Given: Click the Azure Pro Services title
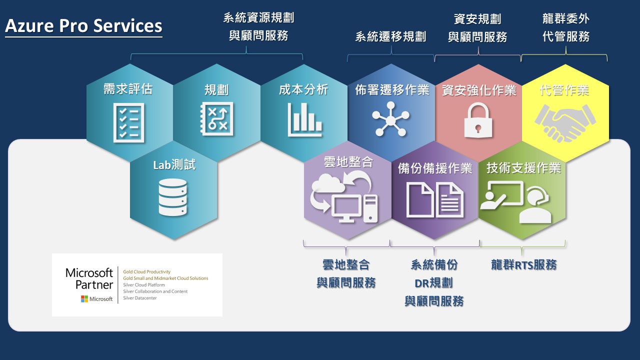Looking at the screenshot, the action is coord(83,25).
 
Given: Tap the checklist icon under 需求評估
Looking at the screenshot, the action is coord(128,123).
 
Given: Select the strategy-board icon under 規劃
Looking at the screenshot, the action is coord(216,119).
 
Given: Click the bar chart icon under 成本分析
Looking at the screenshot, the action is coord(304,119).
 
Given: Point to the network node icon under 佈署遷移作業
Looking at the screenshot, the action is coord(390,119).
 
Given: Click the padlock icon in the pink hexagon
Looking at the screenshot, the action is coord(478,120).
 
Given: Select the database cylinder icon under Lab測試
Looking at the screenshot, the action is coord(172,197).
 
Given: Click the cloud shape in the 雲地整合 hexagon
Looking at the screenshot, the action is coord(327,183).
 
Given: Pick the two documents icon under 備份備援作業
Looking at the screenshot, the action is coord(434,200).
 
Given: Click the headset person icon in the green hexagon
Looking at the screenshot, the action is coord(535,205).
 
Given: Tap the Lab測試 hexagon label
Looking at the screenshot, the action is coord(174,165).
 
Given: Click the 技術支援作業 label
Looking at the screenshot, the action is coord(523,168).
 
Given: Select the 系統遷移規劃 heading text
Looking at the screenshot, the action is coord(390,36).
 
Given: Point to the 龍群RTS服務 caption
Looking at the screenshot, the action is coord(523,264).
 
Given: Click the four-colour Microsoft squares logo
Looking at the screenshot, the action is coord(84,299).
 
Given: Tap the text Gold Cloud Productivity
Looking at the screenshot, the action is coord(146,271).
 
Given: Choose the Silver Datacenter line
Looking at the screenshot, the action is coord(139,298).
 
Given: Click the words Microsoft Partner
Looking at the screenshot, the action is coord(89,278).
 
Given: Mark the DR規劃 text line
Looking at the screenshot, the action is coord(433,283).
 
